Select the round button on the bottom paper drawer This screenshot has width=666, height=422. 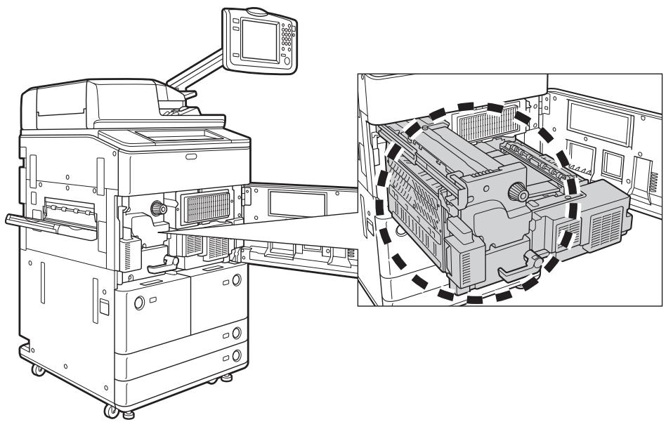coord(237,355)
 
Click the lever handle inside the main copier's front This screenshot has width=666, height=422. coord(163,263)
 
